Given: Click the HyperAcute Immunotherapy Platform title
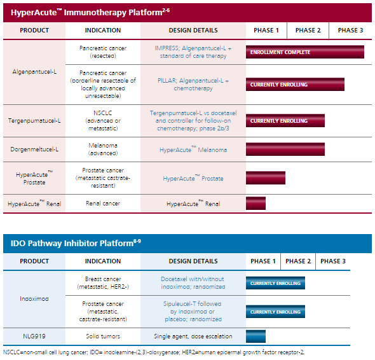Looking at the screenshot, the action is coord(90,12).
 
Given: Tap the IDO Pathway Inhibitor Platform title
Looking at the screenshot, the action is coord(76,243).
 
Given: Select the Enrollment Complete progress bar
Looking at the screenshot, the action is coord(305,52).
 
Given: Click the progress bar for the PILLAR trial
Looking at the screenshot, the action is coord(295,84).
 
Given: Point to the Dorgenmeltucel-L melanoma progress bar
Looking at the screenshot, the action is coord(285,149).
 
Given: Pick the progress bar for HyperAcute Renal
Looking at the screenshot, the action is coord(256,204).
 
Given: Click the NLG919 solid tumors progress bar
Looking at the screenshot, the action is coord(256,336).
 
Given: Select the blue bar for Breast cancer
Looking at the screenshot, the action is coord(275,283).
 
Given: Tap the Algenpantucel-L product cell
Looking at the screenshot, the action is coord(34,72).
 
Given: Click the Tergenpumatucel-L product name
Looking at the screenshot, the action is coord(34,121).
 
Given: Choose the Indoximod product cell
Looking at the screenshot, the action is coord(34,299).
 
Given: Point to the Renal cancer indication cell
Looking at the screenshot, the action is coord(103,204).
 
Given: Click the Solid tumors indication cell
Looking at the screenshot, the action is coord(103,336).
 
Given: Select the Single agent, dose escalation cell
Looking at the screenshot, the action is coord(193,336).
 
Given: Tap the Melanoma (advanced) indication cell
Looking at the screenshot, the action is coord(103,149).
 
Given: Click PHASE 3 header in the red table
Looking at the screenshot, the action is coord(350,31).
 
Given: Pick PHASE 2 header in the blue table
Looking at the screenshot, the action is coord(298,261).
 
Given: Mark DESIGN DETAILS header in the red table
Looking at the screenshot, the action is coord(193,31).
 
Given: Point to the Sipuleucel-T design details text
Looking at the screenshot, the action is coord(193,312).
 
